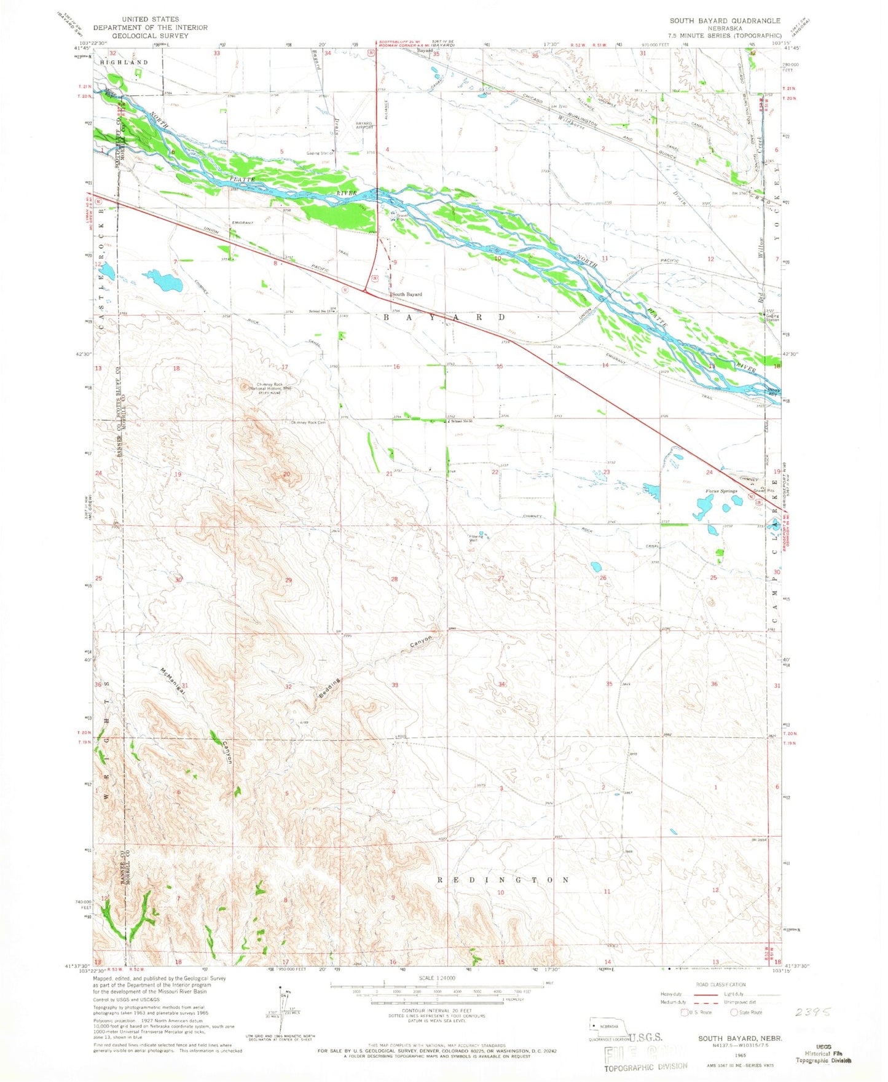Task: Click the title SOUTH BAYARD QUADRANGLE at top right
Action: (x=725, y=21)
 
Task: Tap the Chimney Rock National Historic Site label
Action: (x=270, y=388)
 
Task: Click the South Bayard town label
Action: (x=407, y=294)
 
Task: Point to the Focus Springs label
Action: (x=721, y=492)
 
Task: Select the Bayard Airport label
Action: (x=364, y=125)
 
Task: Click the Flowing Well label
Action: (x=473, y=538)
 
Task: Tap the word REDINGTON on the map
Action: (x=503, y=880)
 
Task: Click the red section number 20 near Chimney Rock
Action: (x=286, y=474)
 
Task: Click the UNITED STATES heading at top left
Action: (x=151, y=20)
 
